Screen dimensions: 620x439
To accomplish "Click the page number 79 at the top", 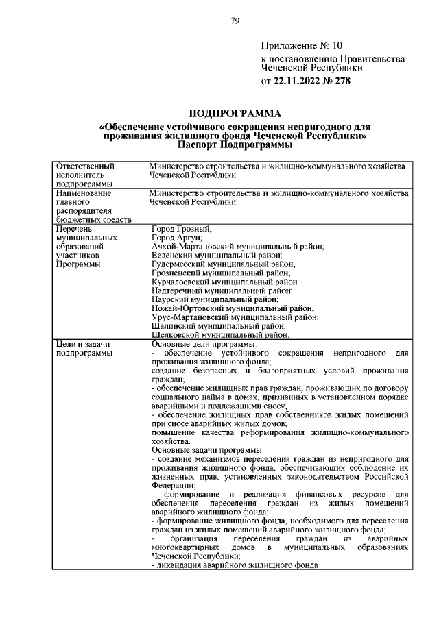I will point(235,21).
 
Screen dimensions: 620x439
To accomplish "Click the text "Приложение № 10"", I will point(301,47).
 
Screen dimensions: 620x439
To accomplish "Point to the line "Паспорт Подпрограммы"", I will point(233,145).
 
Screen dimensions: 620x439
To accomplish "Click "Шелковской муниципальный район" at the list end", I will point(219,335).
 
